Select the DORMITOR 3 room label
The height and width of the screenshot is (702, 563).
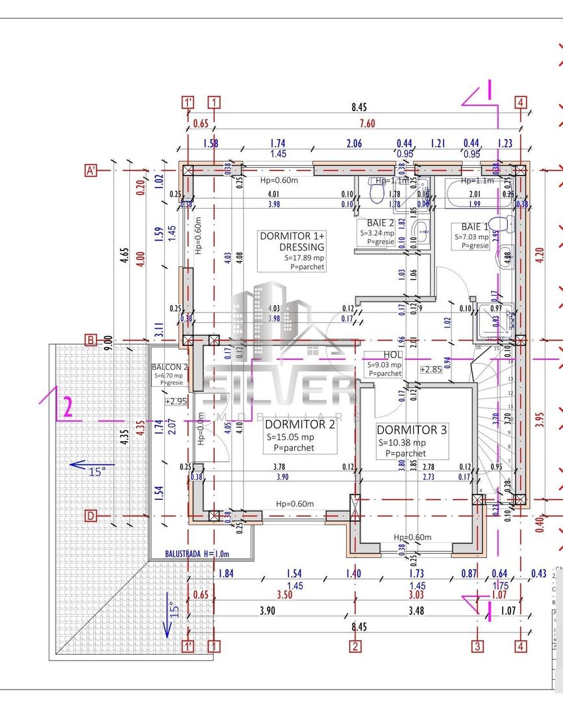coord(412,430)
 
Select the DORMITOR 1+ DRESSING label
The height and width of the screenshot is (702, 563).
coord(292,241)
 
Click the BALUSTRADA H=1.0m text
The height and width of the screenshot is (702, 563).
coord(190,554)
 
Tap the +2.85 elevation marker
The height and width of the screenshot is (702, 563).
coord(431,369)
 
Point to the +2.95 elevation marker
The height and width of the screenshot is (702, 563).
coord(176,401)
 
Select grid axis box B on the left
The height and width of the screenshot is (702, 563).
coord(91,340)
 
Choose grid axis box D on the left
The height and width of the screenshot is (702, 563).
coord(91,515)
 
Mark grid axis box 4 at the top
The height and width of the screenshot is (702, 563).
coord(520,102)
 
